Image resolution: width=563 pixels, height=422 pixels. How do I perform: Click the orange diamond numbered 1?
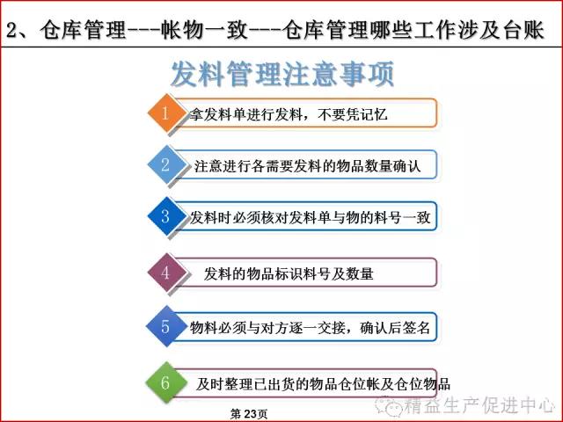pyautogui.click(x=165, y=113)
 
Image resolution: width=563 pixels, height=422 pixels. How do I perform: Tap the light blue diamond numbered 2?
pyautogui.click(x=165, y=164)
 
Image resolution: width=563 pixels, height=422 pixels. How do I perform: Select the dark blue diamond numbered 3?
pyautogui.click(x=165, y=216)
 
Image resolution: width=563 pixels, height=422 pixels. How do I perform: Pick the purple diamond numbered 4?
pyautogui.click(x=165, y=273)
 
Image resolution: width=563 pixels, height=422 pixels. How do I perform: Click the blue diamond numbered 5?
pyautogui.click(x=165, y=326)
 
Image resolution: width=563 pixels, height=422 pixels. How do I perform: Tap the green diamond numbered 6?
pyautogui.click(x=165, y=382)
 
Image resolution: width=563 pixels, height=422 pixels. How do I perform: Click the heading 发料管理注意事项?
pyautogui.click(x=282, y=74)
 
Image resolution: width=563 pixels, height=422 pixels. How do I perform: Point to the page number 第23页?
pyautogui.click(x=249, y=414)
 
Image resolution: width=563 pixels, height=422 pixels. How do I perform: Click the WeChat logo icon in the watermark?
pyautogui.click(x=388, y=404)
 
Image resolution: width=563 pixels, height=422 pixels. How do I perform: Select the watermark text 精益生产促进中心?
pyautogui.click(x=479, y=405)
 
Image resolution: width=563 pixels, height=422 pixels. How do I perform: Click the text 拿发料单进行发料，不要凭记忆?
pyautogui.click(x=289, y=114)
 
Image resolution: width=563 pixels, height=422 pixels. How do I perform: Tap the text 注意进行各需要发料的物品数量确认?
pyautogui.click(x=307, y=166)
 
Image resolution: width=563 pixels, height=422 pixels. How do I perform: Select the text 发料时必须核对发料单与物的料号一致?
pyautogui.click(x=310, y=217)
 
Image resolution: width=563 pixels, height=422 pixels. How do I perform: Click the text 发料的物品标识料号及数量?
pyautogui.click(x=289, y=273)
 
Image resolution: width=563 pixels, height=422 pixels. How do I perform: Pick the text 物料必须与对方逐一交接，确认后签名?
pyautogui.click(x=310, y=328)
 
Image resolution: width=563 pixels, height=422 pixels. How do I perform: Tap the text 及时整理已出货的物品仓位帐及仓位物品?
pyautogui.click(x=323, y=384)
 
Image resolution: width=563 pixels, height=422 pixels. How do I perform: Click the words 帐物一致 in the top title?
pyautogui.click(x=204, y=30)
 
